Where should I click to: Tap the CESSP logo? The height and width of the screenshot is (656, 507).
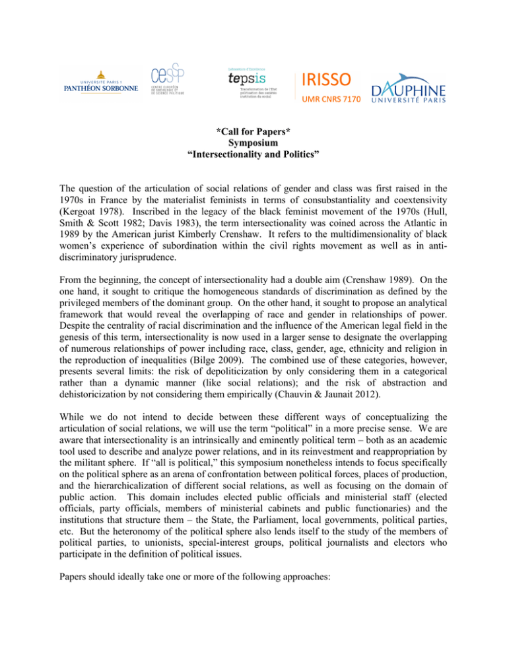click(167, 82)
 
